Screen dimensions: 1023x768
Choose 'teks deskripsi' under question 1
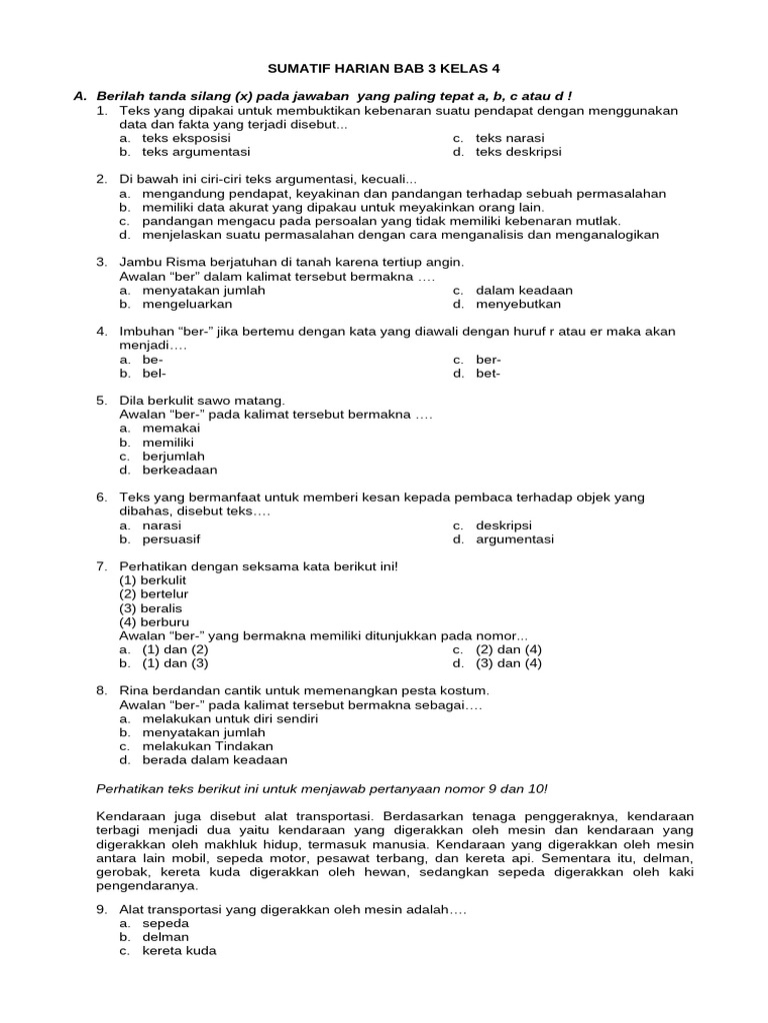tap(518, 152)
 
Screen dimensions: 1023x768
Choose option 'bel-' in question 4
tap(152, 374)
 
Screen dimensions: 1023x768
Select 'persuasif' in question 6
tap(172, 538)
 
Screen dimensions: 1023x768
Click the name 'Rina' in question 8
tap(135, 690)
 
